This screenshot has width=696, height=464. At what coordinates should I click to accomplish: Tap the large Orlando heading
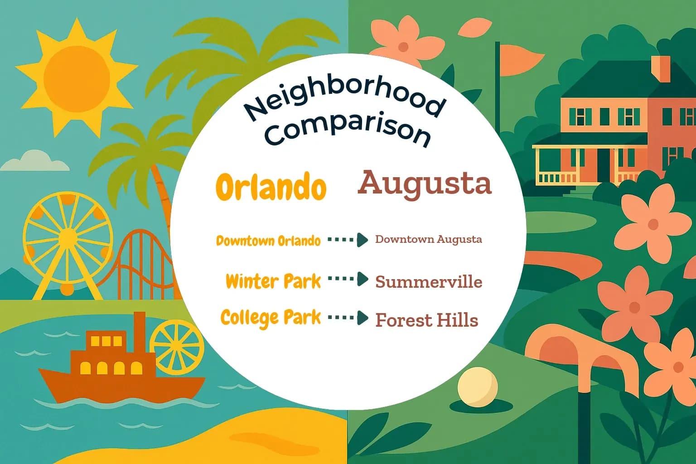[271, 186]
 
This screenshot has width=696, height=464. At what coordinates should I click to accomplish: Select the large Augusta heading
[425, 183]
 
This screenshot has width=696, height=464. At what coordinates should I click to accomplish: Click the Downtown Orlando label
[268, 241]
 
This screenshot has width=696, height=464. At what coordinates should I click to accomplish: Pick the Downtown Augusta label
[428, 239]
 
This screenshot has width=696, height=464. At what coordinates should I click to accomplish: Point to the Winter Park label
[273, 281]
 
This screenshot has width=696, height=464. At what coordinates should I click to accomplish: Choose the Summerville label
[428, 282]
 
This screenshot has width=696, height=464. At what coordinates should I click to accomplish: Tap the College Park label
[271, 317]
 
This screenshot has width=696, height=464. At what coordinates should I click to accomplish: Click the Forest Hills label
[426, 320]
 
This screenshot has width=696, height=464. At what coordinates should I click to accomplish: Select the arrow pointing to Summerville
[348, 279]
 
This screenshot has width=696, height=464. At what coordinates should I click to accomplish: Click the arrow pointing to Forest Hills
[348, 318]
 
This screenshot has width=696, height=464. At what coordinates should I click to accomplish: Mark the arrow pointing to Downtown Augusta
[348, 239]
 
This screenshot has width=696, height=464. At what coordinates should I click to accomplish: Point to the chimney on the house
[660, 68]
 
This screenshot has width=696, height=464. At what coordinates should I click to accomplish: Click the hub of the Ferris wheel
[68, 237]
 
